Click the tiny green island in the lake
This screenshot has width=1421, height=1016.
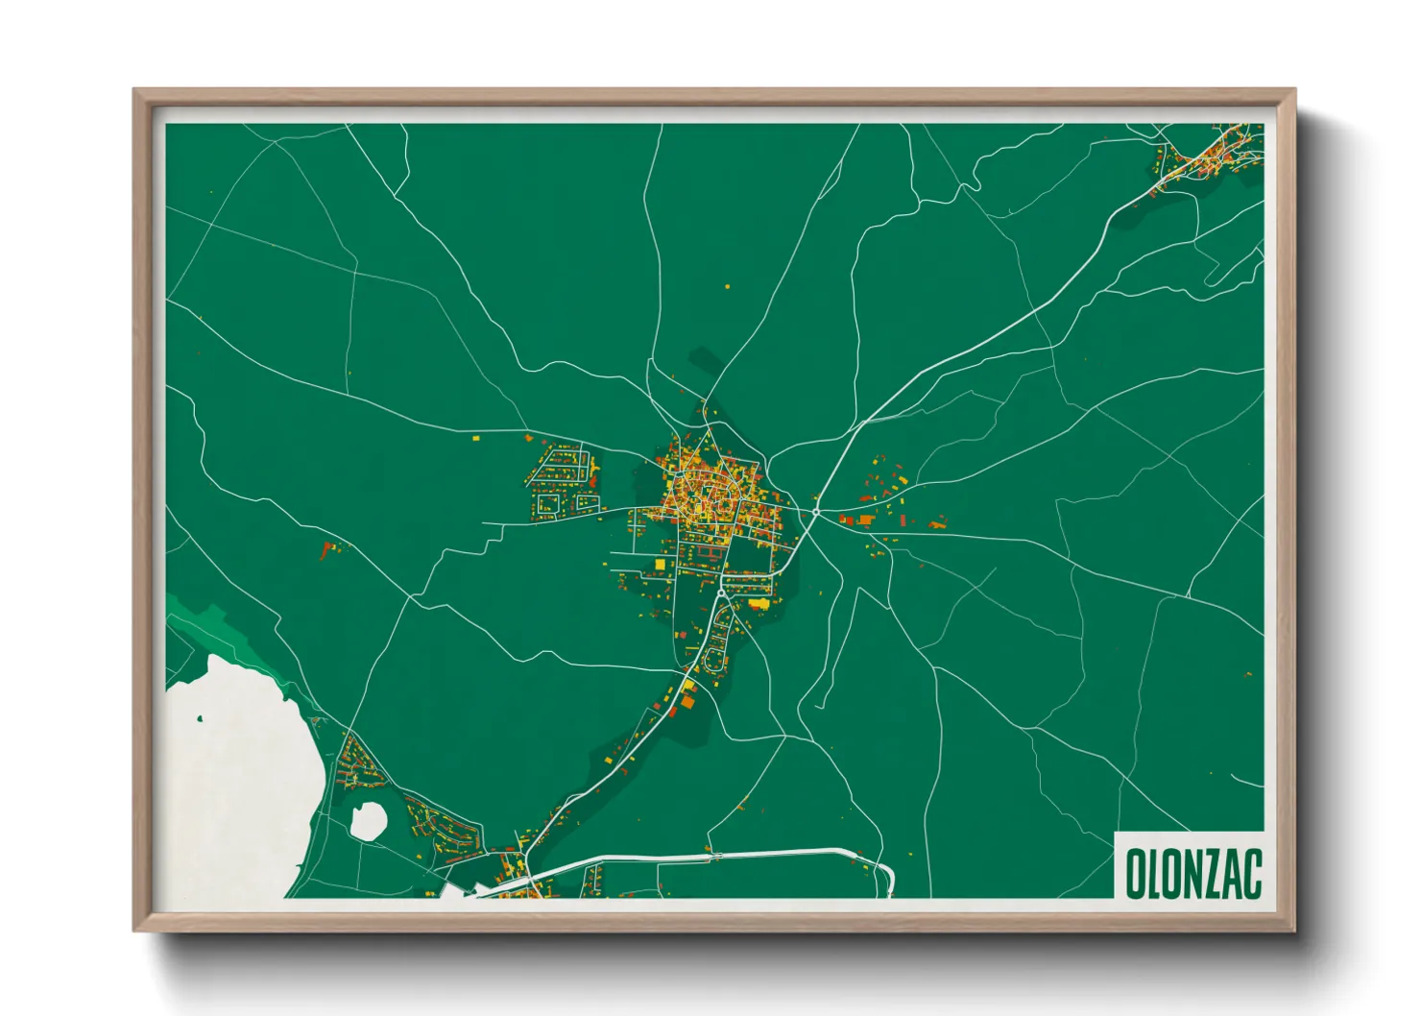pos(200,718)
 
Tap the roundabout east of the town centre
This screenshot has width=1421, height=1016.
pos(815,513)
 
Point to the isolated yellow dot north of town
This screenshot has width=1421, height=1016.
pos(727,286)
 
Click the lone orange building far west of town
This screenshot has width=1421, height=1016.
pos(328,551)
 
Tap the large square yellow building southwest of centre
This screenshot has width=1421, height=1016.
pos(660,563)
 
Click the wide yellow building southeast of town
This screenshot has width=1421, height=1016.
pos(759,603)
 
